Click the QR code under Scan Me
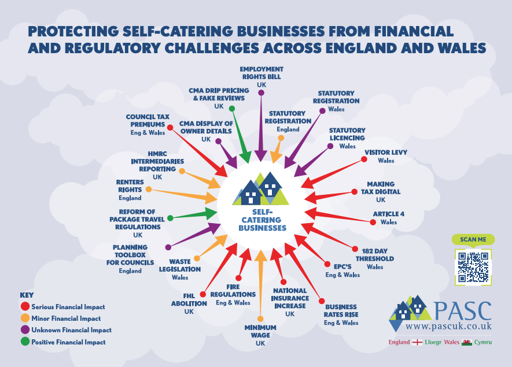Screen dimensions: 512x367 point(473,267)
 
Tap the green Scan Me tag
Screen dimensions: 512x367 point(473,239)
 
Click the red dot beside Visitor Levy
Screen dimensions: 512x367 point(364,159)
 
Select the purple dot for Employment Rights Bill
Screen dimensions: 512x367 point(261,92)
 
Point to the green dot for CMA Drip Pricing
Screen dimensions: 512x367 point(232,109)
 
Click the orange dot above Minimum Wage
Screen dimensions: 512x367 point(260,318)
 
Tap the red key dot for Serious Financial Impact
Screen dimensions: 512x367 point(25,306)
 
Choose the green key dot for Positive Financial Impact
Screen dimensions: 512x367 point(25,342)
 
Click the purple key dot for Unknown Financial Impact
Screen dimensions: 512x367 point(25,329)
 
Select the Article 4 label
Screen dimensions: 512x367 point(389,218)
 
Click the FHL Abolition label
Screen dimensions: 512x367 point(189,303)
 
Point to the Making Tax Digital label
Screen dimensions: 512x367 point(381,192)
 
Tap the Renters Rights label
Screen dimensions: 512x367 point(130,190)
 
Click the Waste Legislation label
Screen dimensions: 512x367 point(180,269)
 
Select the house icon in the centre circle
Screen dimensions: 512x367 point(260,189)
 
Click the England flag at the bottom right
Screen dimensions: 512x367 point(417,342)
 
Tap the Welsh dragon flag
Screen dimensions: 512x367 point(467,342)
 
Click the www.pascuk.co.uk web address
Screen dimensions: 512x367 point(449,326)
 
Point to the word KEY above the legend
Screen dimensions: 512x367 point(27,295)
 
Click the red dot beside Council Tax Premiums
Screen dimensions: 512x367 point(170,127)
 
